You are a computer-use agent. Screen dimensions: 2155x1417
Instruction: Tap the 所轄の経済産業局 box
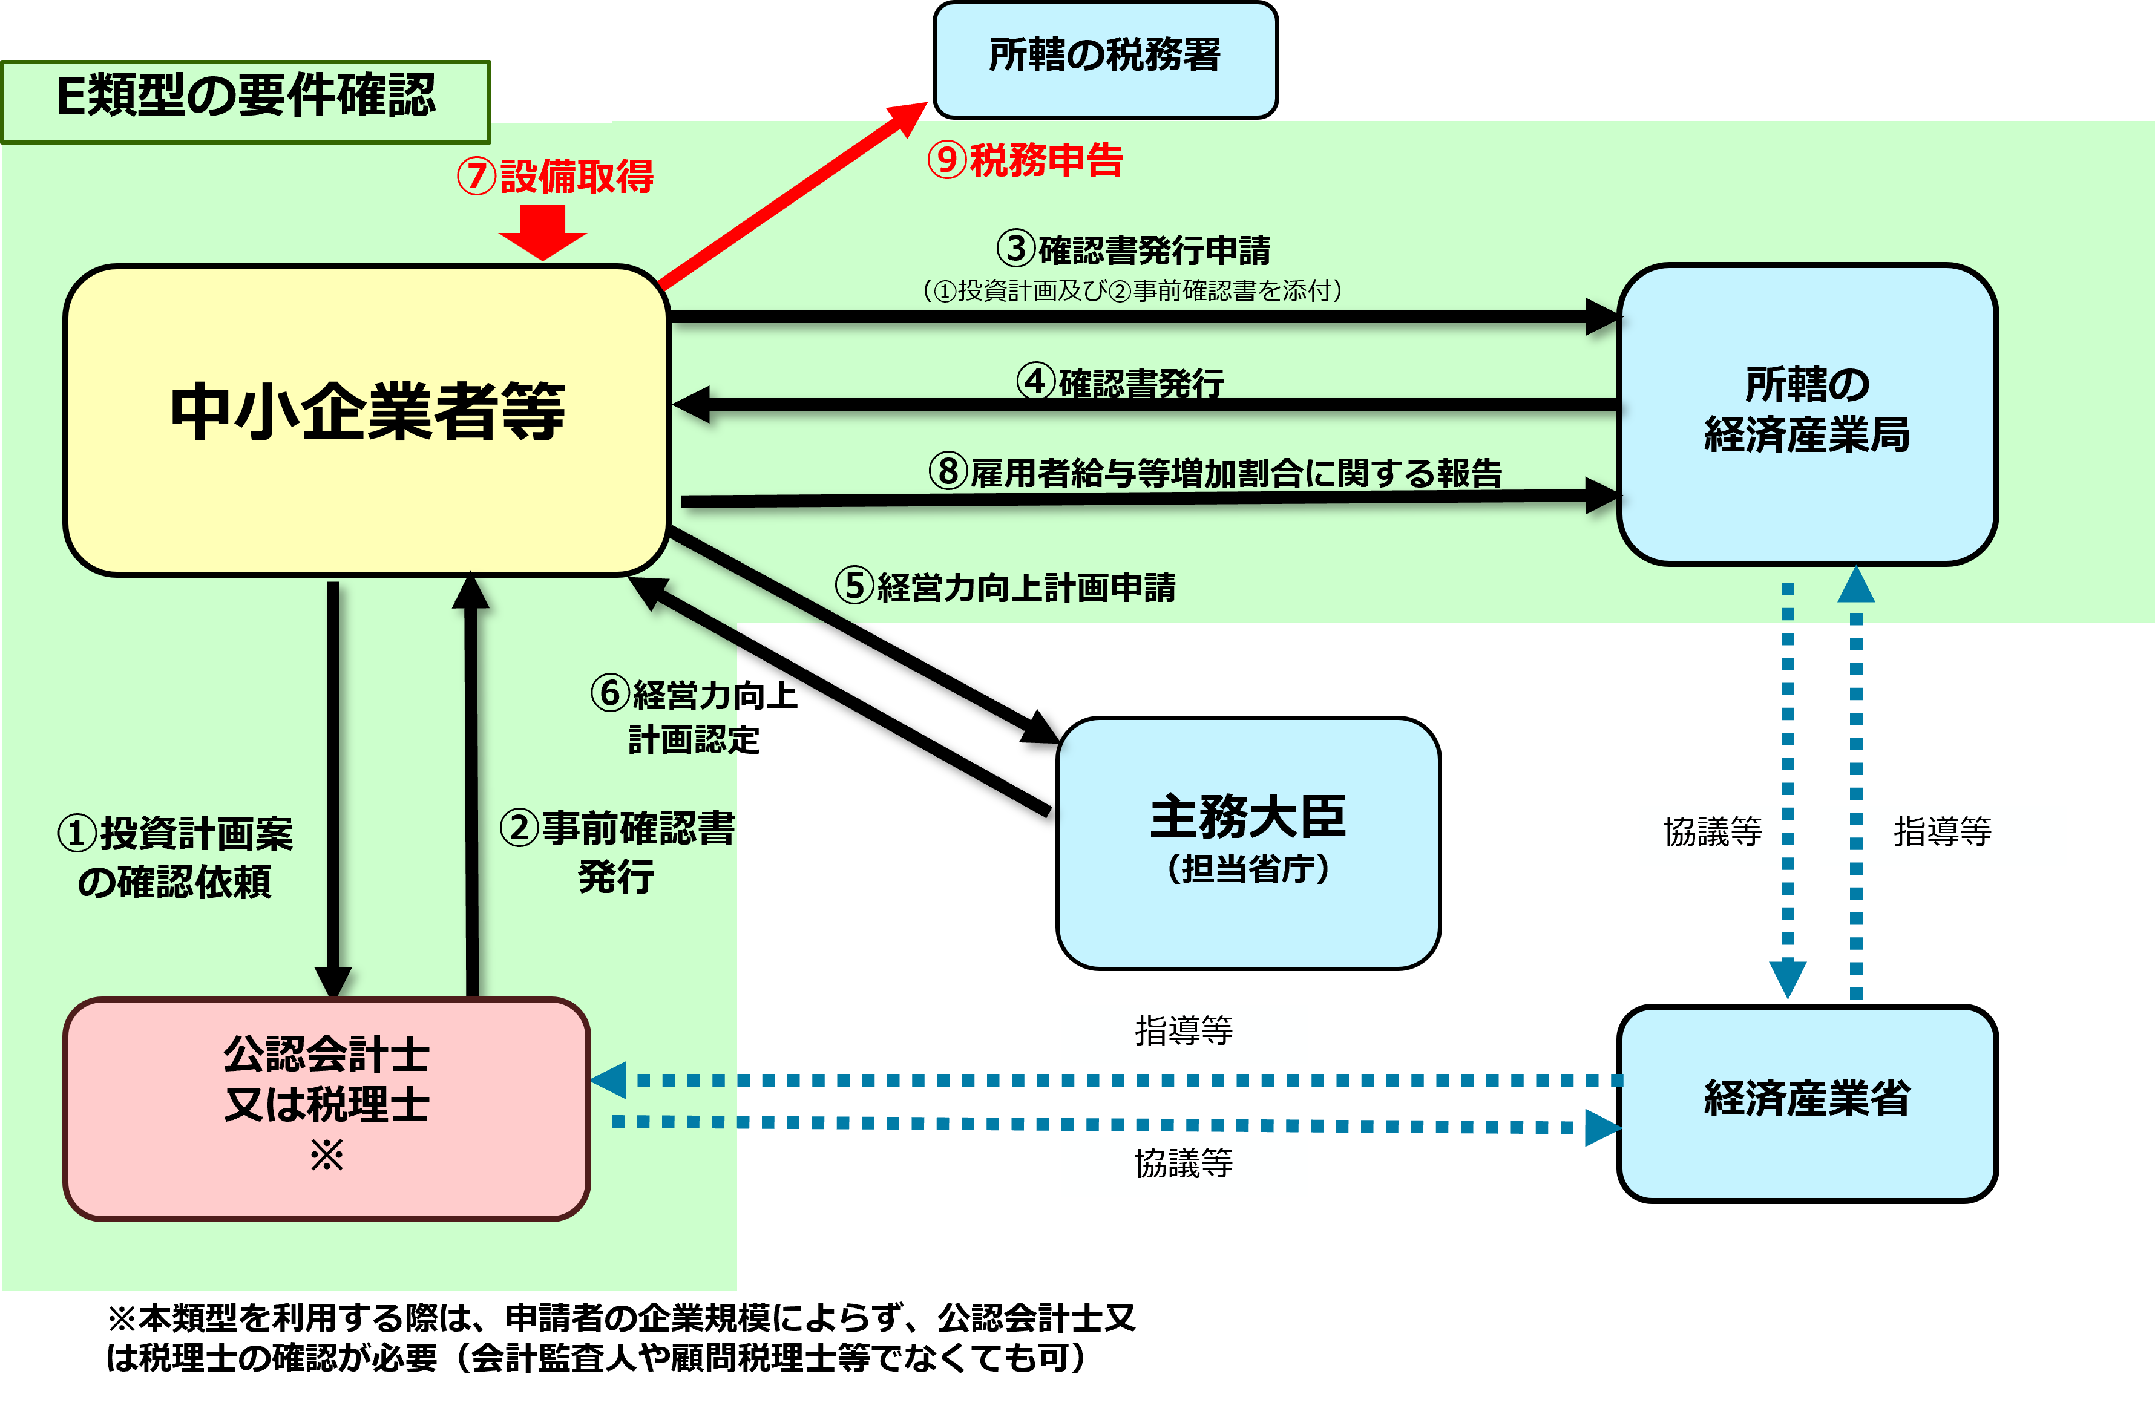tap(1807, 414)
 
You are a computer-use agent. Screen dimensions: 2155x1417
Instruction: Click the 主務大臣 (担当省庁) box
tap(1248, 843)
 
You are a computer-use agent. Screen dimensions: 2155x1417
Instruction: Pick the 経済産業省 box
tap(1807, 1104)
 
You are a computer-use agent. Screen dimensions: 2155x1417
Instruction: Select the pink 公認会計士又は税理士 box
tap(327, 1109)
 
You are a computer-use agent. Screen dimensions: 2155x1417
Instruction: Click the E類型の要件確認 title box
tap(246, 102)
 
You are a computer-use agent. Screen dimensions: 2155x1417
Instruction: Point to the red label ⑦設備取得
tap(555, 175)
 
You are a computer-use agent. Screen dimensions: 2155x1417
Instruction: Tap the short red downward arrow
tap(543, 232)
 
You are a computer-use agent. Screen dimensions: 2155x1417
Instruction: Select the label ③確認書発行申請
tap(1133, 249)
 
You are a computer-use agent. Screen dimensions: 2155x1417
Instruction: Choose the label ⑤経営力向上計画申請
tap(1006, 587)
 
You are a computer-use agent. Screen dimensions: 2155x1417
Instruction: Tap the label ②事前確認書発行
tap(617, 852)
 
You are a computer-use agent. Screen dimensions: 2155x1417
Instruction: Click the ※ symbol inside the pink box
tap(327, 1156)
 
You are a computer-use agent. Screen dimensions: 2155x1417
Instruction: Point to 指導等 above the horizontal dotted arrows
tap(1184, 1030)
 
